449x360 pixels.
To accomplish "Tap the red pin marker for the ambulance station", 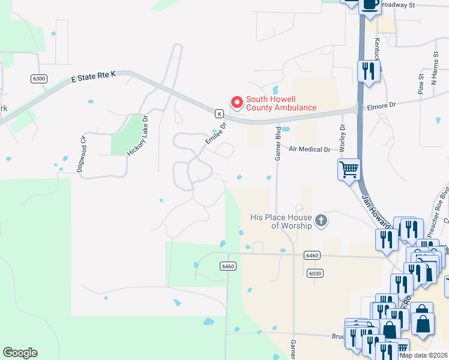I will (x=237, y=103).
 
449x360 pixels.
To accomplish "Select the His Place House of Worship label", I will (x=282, y=221).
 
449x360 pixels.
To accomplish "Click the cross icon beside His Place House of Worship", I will (x=321, y=221).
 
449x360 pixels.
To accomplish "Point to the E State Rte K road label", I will (x=93, y=76).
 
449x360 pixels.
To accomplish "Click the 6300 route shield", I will (x=38, y=79).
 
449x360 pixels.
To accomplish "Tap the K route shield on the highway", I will (x=220, y=113).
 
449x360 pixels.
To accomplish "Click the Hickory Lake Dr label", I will (x=136, y=136).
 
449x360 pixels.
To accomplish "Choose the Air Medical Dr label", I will (x=310, y=149).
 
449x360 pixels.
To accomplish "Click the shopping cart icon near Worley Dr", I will (x=349, y=169).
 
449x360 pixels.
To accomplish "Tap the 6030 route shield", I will (x=315, y=273).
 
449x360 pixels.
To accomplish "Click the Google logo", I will (x=20, y=353).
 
